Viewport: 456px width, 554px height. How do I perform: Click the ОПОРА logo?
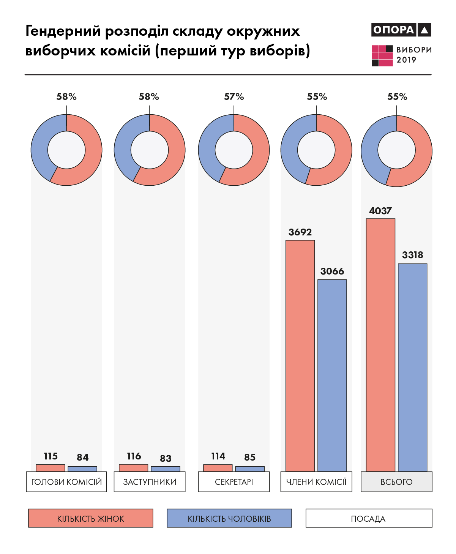[401, 30]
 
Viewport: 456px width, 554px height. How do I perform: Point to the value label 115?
[50, 456]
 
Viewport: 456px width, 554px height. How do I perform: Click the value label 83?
[166, 458]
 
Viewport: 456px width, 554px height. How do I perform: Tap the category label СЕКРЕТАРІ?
[234, 482]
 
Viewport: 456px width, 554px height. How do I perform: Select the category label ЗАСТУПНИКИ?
[150, 482]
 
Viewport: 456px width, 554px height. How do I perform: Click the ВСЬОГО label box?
[396, 482]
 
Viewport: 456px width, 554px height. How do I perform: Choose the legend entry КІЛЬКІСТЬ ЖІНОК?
[90, 518]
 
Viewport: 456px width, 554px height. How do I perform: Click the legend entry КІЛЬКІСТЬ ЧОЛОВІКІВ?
[229, 518]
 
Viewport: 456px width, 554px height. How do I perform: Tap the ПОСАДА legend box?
[369, 518]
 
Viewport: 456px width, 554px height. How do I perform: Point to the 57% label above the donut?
[234, 97]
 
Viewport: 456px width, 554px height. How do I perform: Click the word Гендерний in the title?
[63, 31]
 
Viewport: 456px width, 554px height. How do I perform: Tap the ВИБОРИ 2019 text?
[414, 55]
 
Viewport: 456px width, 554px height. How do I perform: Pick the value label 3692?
[300, 232]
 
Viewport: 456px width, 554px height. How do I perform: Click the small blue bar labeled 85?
[250, 469]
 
